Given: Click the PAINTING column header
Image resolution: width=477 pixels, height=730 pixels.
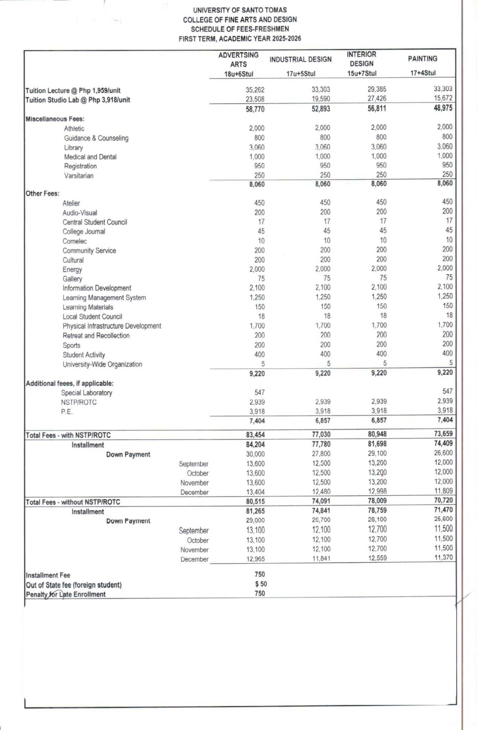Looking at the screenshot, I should (x=422, y=59).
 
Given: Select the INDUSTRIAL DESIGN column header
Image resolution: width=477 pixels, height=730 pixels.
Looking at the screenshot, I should (x=300, y=60).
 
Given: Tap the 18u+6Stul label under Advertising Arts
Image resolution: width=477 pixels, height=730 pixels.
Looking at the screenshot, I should (x=238, y=74).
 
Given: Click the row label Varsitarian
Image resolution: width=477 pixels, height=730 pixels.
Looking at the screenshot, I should (x=79, y=176).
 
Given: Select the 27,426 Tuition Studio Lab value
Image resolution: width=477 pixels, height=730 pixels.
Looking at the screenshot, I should (x=377, y=98).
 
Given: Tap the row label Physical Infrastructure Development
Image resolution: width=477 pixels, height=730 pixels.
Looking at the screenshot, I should (x=112, y=326).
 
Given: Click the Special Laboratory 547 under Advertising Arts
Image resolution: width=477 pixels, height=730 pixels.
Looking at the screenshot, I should (x=259, y=392).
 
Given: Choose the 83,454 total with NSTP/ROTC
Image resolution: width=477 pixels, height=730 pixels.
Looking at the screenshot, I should (x=255, y=435).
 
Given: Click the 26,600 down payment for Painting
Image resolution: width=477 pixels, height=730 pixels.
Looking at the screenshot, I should (x=444, y=453).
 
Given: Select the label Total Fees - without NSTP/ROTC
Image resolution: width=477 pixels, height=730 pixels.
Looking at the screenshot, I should (x=73, y=502).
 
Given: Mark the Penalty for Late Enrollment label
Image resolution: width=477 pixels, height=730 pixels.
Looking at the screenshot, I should (x=66, y=594).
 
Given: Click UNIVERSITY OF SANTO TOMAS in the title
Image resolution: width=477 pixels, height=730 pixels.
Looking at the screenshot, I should (x=240, y=10).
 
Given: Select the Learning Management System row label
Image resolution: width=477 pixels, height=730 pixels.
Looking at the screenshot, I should (x=104, y=298).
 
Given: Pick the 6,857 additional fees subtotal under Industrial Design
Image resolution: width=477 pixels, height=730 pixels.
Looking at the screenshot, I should (x=321, y=421).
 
